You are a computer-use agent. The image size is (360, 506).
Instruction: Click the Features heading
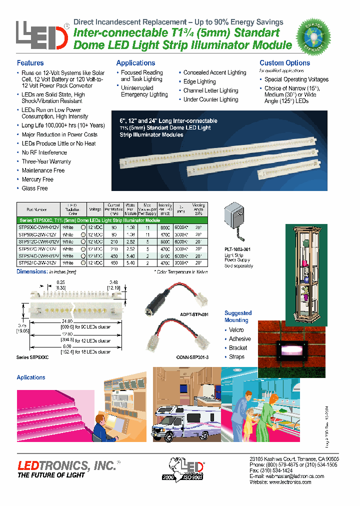coord(30,63)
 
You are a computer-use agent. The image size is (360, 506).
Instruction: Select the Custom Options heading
coord(284,63)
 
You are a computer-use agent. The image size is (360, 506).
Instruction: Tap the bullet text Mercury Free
coord(37,179)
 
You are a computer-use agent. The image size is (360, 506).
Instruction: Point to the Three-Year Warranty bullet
coord(46,161)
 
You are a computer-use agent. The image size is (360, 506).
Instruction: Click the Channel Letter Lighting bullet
coord(210,90)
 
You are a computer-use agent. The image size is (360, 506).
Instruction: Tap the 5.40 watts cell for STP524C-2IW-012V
coord(130,262)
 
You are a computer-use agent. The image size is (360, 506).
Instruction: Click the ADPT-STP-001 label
coord(193,314)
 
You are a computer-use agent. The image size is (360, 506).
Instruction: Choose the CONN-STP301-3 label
coord(193,356)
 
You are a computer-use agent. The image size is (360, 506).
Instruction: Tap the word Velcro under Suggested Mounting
coord(236,330)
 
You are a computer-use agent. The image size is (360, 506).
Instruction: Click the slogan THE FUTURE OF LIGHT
coord(51,475)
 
